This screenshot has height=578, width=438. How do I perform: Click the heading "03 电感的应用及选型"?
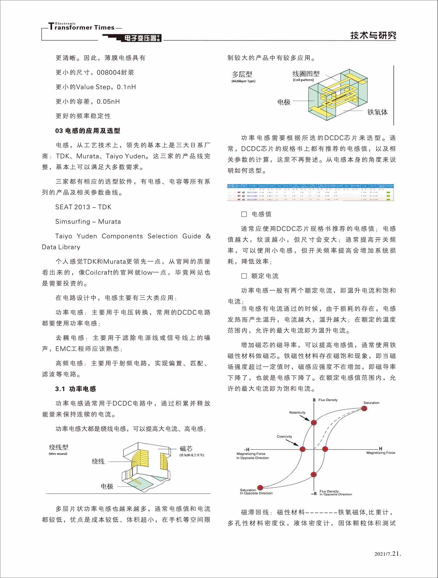point(88,131)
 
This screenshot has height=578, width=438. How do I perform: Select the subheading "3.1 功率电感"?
point(76,389)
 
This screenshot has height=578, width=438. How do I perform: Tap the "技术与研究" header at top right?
point(373,36)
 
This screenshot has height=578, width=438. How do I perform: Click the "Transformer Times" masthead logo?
point(82,27)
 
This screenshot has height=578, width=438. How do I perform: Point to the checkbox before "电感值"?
point(244,214)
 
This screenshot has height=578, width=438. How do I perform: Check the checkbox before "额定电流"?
point(244,276)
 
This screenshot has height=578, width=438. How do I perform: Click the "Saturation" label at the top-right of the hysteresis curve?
point(371,403)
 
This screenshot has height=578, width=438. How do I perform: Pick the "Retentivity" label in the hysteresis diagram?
point(297,413)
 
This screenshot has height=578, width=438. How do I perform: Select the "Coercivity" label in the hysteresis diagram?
point(284,436)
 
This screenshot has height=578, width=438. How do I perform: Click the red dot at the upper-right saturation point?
point(364,408)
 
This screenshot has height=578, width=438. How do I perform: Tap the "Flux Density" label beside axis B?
point(328,400)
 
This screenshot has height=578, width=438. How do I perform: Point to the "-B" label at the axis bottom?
point(314,494)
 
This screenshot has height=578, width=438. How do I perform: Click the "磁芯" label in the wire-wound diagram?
point(186,448)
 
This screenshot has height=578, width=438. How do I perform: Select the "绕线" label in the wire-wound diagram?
point(98,461)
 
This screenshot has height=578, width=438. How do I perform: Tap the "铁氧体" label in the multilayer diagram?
point(377,112)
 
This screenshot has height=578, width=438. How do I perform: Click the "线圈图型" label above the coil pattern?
point(306,74)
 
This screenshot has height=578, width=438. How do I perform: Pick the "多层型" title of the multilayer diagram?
point(242,74)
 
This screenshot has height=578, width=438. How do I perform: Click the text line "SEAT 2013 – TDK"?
point(83,207)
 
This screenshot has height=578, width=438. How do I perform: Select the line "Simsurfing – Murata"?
point(88,222)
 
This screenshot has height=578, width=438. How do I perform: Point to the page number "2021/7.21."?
point(388,554)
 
